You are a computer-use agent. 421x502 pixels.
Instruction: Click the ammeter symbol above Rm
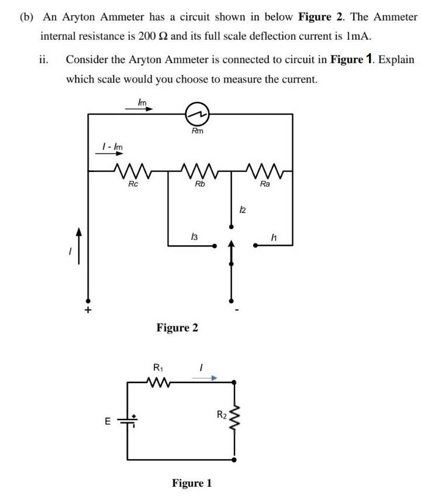(x=198, y=114)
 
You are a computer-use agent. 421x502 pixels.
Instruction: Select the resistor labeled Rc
(x=133, y=171)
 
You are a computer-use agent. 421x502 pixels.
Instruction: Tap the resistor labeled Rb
(x=199, y=171)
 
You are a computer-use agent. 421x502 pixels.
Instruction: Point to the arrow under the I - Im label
(x=110, y=154)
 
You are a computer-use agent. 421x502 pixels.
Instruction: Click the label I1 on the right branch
(x=274, y=236)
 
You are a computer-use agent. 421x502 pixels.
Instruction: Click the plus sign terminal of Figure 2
(x=88, y=310)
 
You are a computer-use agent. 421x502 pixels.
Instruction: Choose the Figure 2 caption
(x=177, y=328)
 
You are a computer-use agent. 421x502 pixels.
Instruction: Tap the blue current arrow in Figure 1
(x=205, y=378)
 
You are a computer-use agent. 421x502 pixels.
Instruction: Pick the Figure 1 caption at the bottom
(x=192, y=483)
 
